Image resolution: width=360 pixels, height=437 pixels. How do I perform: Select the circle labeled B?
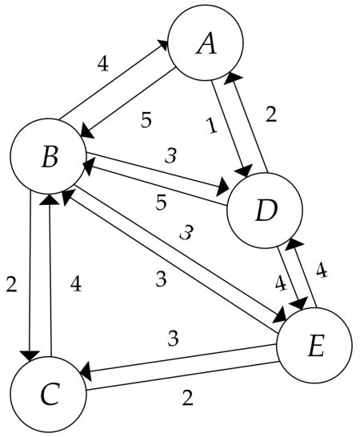coord(49,157)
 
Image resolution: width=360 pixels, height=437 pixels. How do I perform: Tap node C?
coord(49,395)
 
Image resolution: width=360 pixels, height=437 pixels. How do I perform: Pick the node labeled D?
coord(265,210)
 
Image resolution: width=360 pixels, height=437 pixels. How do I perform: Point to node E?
coord(314,345)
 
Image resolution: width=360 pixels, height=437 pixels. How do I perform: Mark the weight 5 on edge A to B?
coord(145,122)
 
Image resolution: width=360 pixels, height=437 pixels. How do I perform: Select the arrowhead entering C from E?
coord(85,372)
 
